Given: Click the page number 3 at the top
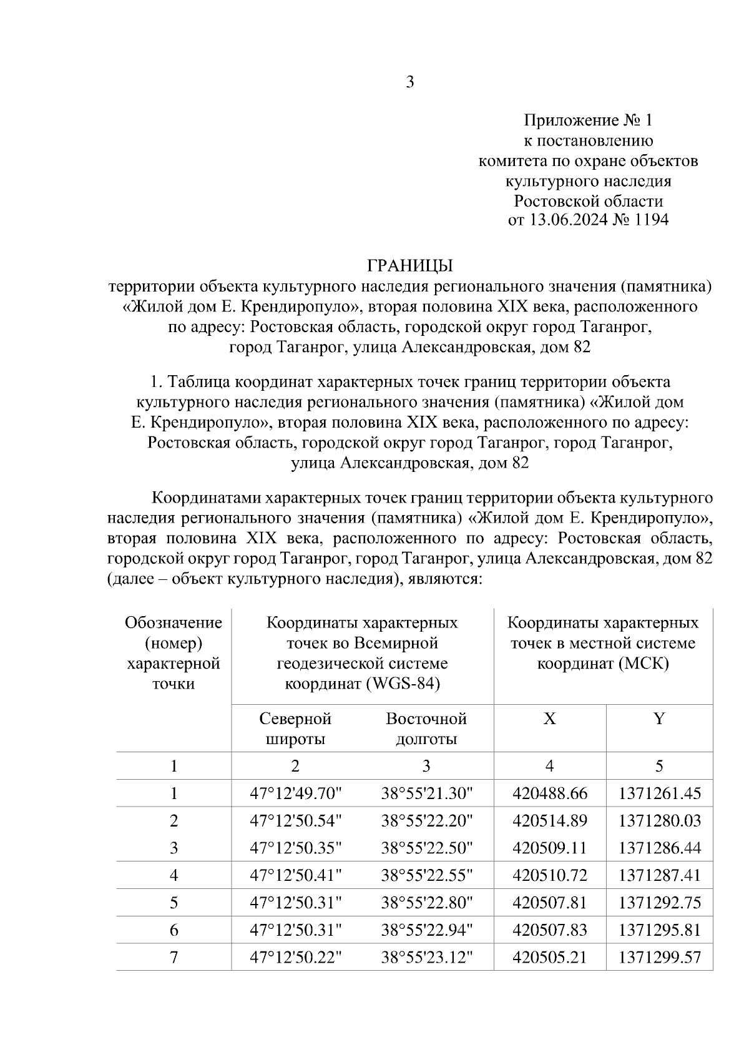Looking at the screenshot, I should (409, 82).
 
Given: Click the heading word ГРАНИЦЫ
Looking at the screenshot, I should (409, 266).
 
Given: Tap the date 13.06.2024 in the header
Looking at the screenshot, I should (571, 220).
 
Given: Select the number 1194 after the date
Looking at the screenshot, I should (651, 220).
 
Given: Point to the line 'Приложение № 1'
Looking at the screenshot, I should (588, 120).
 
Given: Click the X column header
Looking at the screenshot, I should (549, 719).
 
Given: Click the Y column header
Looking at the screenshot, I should (659, 719).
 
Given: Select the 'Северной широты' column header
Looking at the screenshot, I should (295, 729).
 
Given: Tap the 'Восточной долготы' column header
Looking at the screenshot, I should (426, 729).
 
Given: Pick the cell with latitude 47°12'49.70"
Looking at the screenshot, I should (296, 794).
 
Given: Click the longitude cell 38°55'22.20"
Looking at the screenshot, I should (428, 821).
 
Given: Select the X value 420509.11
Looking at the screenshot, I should (550, 848).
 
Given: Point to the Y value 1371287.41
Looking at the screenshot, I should (660, 875).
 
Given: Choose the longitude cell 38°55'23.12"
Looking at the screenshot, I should (428, 957).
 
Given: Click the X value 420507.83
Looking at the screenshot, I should (550, 930).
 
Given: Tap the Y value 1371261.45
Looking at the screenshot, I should (660, 794).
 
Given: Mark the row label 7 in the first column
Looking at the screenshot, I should (174, 957).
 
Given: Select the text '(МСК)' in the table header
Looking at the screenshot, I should (646, 664).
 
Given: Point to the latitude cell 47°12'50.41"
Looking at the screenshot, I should (296, 875).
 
